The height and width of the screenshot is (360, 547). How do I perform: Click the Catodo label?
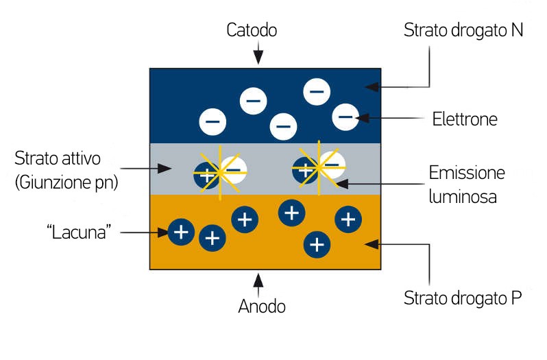tap(252, 30)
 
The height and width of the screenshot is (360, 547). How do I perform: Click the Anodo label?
tap(261, 306)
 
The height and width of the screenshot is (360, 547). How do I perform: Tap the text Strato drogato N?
tap(463, 30)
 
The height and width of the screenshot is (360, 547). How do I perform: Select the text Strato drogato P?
tap(463, 298)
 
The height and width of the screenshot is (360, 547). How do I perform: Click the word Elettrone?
tap(465, 119)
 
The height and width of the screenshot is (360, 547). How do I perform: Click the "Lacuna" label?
tap(80, 232)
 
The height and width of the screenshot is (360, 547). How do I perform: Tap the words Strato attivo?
tap(58, 158)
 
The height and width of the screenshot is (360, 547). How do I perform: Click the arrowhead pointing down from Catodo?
tap(258, 60)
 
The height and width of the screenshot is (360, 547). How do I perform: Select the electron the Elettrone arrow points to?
tap(345, 117)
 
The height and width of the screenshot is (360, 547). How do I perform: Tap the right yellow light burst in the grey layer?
tap(319, 167)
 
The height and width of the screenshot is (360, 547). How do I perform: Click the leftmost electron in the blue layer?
tap(212, 122)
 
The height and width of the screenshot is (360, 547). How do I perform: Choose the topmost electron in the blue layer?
tap(316, 91)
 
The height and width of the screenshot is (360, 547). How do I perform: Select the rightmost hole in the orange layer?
tap(348, 219)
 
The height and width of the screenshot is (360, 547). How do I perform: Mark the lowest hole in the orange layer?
tap(316, 243)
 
